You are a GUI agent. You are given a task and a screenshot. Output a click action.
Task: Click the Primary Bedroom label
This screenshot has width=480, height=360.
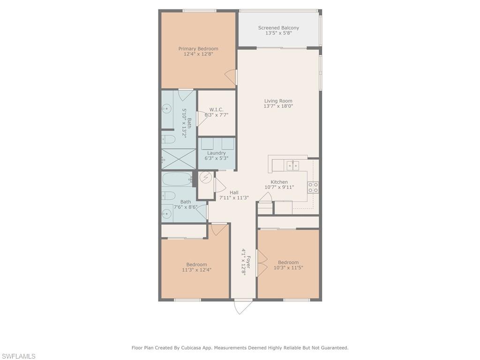click(198, 49)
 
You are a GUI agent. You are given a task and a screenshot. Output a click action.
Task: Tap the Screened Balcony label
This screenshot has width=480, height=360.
click(278, 28)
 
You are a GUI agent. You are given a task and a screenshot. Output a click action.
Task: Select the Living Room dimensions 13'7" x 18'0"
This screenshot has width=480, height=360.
click(278, 106)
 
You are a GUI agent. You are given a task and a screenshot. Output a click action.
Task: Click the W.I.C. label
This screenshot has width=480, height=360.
click(217, 110)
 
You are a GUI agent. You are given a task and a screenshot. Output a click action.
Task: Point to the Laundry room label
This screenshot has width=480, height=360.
click(217, 153)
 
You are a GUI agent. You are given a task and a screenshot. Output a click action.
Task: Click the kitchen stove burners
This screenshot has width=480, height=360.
click(313, 187)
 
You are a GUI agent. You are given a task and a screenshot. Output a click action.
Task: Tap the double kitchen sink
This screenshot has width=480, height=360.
click(292, 165)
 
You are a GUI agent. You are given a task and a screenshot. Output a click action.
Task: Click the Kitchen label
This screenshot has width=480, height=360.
click(279, 182)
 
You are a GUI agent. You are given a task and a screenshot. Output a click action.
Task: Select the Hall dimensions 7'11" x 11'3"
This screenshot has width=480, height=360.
click(234, 198)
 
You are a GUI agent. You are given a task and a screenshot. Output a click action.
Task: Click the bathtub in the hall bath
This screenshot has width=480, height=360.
click(177, 179)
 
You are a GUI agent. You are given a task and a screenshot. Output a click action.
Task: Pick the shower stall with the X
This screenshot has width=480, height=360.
click(178, 158)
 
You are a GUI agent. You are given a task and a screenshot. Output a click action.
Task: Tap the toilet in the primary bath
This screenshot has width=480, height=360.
click(168, 140)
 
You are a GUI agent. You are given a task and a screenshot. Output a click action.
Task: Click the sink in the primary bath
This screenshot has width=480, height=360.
click(166, 108)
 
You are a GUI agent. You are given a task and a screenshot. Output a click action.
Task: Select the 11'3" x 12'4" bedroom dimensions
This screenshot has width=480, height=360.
click(196, 270)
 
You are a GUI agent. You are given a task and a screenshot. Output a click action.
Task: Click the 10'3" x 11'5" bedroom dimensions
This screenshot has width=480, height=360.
click(288, 268)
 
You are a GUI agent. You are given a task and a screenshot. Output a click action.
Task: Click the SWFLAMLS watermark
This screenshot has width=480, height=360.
click(18, 356)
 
